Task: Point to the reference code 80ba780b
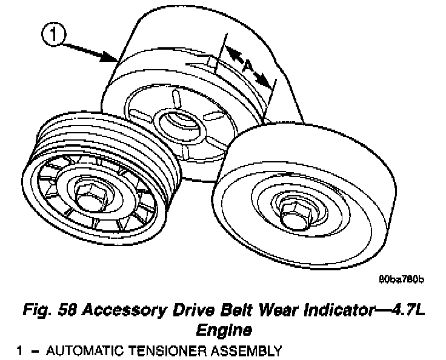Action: (x=401, y=280)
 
